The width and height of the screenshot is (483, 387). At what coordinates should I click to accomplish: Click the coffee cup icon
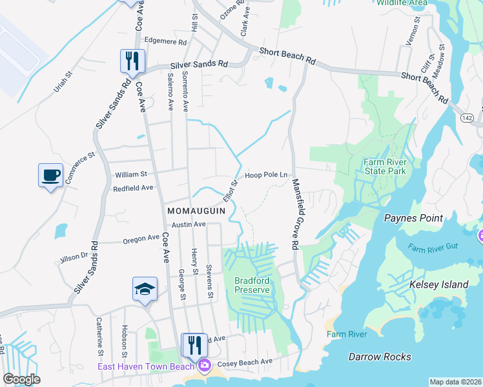click(50, 175)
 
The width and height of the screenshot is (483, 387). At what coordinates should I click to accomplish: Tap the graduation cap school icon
click(145, 290)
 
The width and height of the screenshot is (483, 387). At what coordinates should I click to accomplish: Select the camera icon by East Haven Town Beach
click(204, 366)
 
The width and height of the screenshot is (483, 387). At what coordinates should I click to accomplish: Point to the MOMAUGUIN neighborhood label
click(196, 211)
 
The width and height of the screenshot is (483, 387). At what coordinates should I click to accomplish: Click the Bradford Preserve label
click(252, 285)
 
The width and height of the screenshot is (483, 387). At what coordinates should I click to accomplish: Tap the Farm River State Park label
click(384, 167)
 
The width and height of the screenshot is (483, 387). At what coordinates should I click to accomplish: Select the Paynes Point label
click(414, 218)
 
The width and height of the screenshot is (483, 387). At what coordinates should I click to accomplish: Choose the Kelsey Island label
click(438, 284)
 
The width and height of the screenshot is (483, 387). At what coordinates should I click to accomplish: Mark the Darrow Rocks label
click(380, 357)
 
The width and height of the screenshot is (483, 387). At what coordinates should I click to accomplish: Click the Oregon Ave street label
click(141, 238)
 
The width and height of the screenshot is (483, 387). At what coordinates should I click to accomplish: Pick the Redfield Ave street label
click(133, 188)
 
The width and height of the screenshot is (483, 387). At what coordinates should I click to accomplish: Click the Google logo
click(21, 379)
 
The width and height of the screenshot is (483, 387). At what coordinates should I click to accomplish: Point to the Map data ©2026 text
click(455, 382)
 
